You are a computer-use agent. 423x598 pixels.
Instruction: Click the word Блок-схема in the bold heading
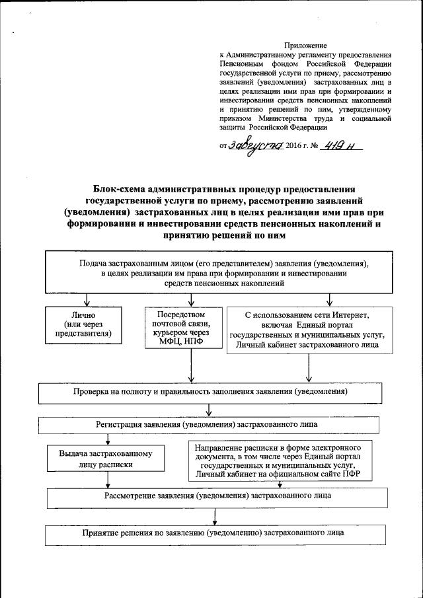click(123, 188)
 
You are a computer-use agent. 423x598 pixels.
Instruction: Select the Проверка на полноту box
click(210, 392)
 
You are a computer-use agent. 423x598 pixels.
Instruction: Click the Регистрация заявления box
click(208, 424)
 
